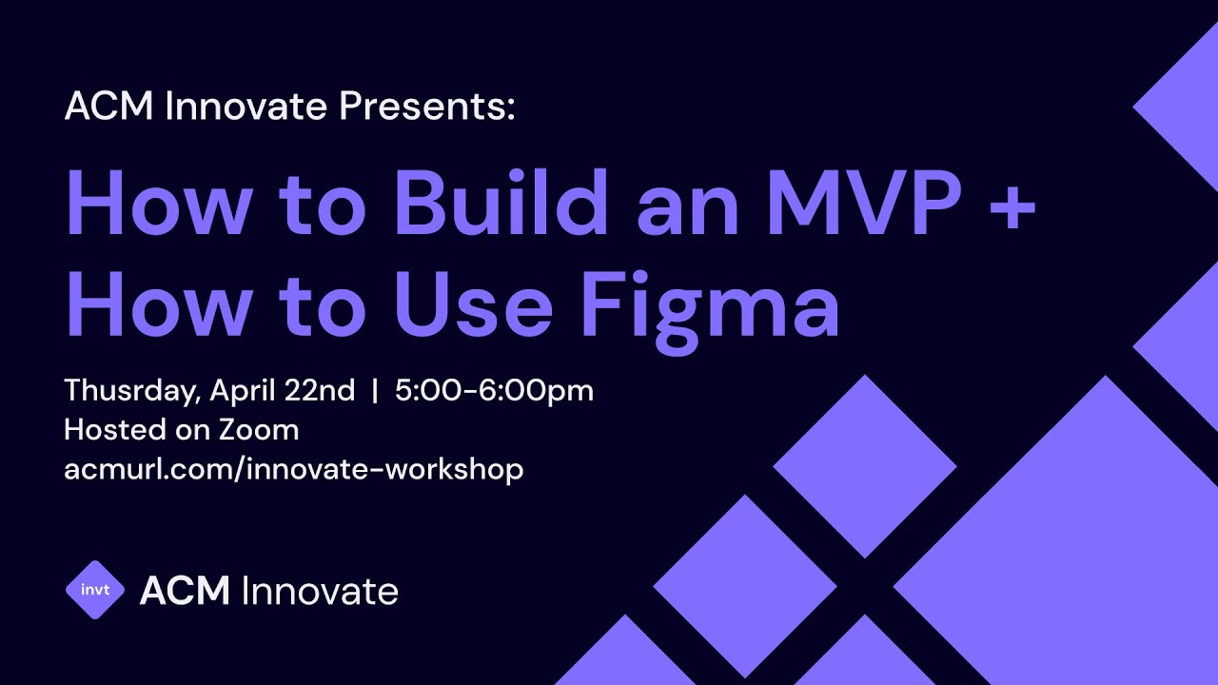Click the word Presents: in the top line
tap(427, 106)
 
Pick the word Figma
tap(710, 306)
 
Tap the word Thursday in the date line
tap(131, 391)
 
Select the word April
tap(243, 391)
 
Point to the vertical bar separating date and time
tap(375, 391)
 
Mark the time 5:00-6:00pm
tap(494, 391)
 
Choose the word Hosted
tap(111, 430)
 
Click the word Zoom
tap(258, 430)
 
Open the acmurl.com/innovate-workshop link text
tap(293, 469)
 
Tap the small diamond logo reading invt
tap(95, 590)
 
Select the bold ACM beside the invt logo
tap(185, 591)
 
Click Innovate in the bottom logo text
tap(320, 591)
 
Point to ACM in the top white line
tap(109, 106)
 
